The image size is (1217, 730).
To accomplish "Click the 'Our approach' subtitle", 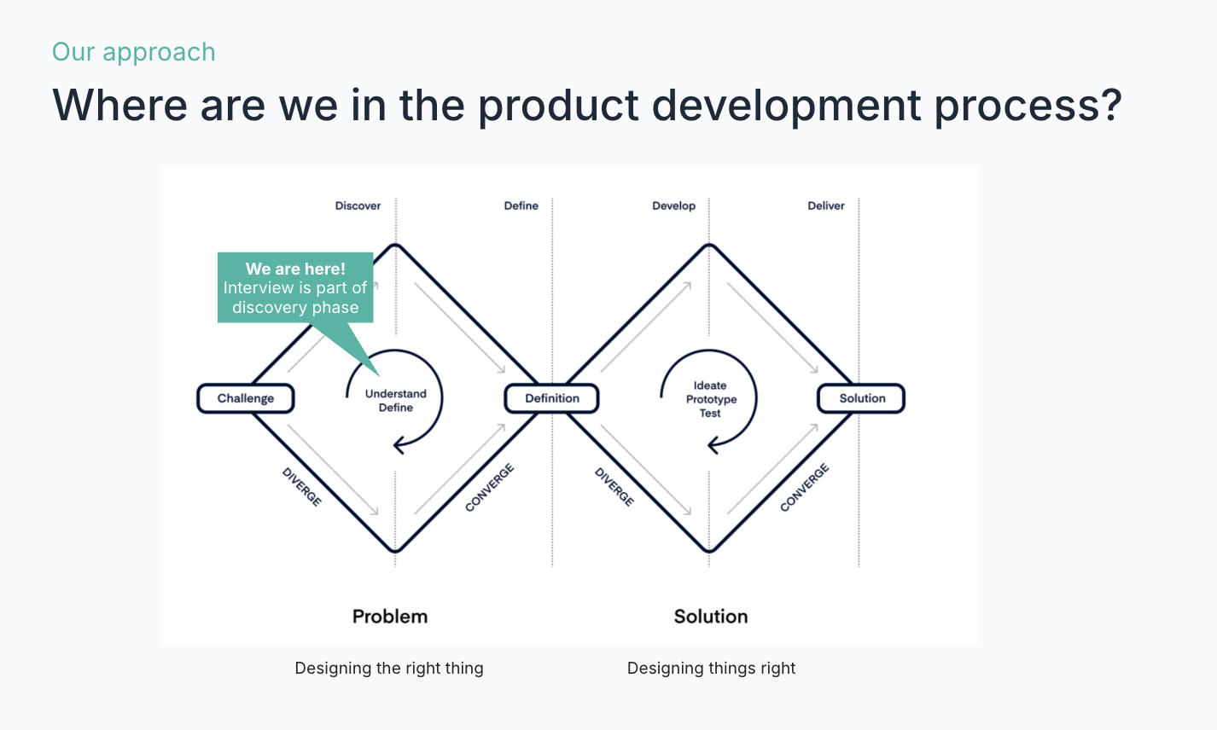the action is click(x=134, y=53).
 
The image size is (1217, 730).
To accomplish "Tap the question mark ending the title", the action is click(x=1109, y=104).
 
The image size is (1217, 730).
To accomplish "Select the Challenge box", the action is click(x=246, y=398).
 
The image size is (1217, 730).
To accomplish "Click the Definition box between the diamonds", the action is click(x=552, y=398).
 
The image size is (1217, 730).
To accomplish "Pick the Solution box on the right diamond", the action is click(x=862, y=398).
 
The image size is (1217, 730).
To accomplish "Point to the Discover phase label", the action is click(x=358, y=206).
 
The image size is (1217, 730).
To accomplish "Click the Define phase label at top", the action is click(x=521, y=206).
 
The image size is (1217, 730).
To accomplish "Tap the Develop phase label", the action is click(x=673, y=206).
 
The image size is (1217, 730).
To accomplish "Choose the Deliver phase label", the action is click(x=826, y=206).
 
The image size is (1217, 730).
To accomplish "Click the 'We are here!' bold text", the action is click(x=295, y=269).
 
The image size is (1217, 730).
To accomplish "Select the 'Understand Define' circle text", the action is click(x=395, y=401).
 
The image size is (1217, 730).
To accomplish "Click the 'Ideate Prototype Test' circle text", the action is click(x=711, y=399).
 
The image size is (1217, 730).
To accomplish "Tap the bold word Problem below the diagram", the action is click(x=390, y=617).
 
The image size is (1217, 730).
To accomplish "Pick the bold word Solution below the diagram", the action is click(x=711, y=617).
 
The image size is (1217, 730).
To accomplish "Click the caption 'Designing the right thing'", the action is click(x=389, y=668).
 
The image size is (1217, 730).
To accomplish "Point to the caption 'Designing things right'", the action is click(x=711, y=668).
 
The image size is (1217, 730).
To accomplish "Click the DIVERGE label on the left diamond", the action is click(x=302, y=487).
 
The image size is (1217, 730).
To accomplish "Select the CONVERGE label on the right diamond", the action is click(x=805, y=488).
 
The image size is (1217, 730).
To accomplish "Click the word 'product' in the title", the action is click(x=558, y=106).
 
